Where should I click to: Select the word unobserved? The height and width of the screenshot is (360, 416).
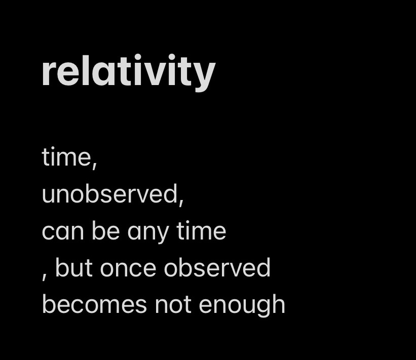[x=110, y=194]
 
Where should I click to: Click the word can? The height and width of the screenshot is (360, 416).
[x=63, y=232]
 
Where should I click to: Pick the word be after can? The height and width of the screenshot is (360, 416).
[x=105, y=230]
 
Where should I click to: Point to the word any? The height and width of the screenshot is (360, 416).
[x=148, y=233]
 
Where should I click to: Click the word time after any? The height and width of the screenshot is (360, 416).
[x=201, y=230]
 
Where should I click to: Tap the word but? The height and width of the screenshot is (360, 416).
[x=74, y=267]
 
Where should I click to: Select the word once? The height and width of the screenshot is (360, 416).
[x=128, y=268]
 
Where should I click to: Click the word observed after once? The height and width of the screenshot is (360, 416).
[x=217, y=267]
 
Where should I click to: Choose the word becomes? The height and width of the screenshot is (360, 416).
[x=94, y=304]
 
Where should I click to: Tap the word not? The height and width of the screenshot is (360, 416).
[x=173, y=305]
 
